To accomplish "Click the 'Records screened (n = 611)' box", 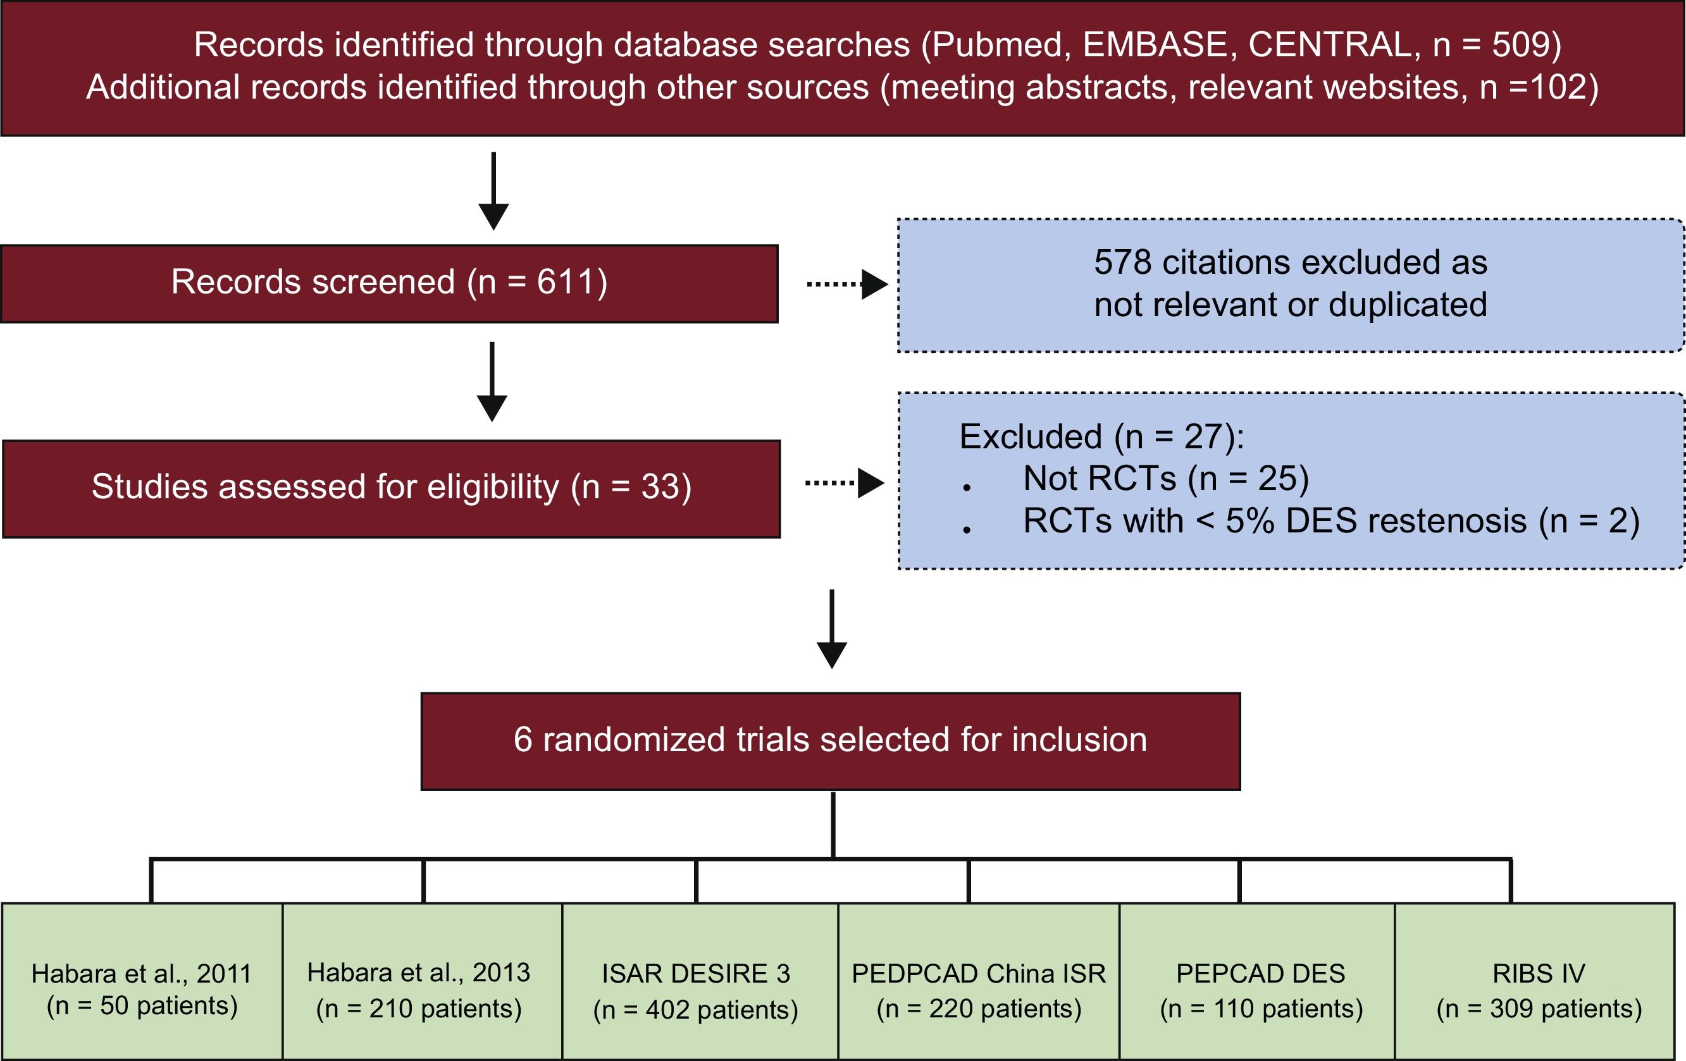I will point(389,283).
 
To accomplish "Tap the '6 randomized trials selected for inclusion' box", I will point(831,741).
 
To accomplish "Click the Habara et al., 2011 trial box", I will point(142,981).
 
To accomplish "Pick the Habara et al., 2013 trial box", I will point(422,981).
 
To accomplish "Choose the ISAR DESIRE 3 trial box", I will point(700,981).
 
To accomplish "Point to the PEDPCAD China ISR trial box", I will point(978,981).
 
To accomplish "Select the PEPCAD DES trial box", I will point(1257,981).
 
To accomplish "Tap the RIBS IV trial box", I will point(1540,981).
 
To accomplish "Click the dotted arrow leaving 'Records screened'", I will point(846,284).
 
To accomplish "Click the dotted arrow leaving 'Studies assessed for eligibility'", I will point(844,483).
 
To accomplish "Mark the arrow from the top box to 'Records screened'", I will point(493,190).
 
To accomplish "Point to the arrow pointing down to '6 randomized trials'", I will point(832,629).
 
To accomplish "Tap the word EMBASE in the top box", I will point(1155,45).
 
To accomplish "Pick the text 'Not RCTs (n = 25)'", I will point(1165,479).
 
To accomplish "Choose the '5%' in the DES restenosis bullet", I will point(1250,522).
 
